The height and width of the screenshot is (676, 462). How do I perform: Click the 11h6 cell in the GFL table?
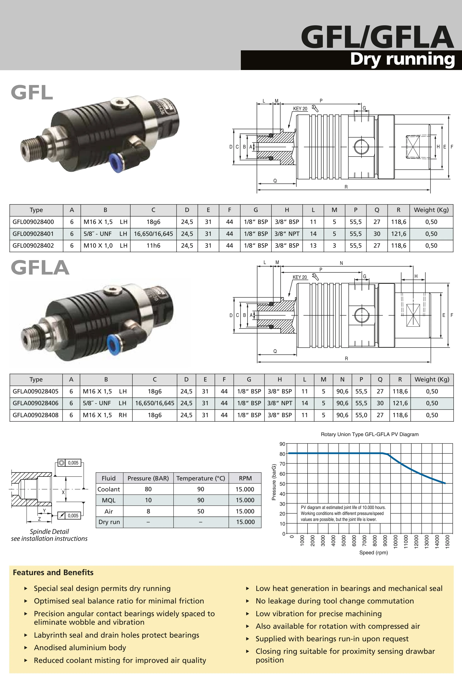click(153, 246)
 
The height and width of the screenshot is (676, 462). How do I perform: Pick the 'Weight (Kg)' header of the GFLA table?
click(432, 380)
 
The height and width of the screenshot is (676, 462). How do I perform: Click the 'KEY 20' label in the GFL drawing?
click(300, 109)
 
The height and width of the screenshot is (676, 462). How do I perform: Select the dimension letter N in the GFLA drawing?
click(341, 263)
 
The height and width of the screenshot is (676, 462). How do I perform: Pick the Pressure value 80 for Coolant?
click(148, 489)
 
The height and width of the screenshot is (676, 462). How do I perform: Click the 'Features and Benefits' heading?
click(53, 572)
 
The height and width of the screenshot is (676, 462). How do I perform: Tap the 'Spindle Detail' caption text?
click(49, 531)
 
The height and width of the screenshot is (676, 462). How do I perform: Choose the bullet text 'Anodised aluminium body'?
click(80, 647)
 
